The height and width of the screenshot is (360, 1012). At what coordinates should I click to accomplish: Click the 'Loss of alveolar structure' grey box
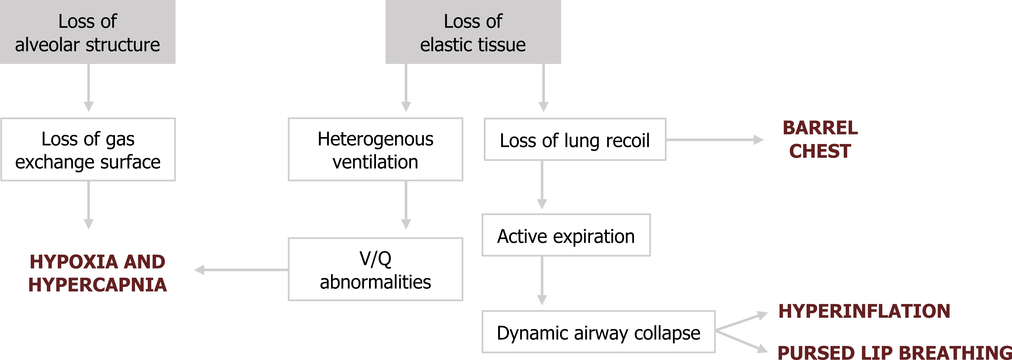coord(88,32)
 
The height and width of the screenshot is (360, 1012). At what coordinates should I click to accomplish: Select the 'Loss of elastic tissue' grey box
coord(473,32)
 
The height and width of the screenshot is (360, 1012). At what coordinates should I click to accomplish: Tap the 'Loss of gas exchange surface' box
coord(88,149)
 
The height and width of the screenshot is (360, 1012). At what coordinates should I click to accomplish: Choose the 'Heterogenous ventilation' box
coord(376,149)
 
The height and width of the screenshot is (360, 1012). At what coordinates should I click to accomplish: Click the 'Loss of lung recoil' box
coord(575,139)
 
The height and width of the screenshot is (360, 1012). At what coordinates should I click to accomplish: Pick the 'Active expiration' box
coord(566,235)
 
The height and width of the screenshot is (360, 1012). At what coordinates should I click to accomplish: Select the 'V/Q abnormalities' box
coord(376,269)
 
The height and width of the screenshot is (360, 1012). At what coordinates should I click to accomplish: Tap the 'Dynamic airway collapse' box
coord(598,332)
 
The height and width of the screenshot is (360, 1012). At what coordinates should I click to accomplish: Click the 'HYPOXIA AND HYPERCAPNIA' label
coord(97,273)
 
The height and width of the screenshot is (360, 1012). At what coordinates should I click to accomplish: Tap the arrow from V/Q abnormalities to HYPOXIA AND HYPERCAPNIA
coord(241,270)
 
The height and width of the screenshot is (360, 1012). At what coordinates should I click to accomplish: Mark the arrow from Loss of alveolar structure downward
coord(89,88)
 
